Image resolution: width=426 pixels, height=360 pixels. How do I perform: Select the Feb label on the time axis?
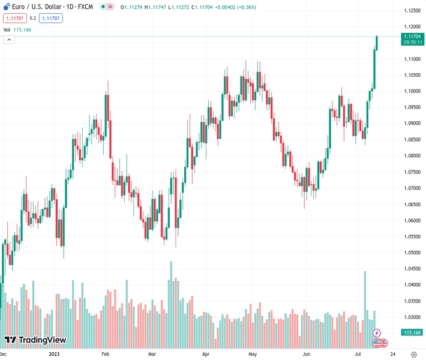(105, 354)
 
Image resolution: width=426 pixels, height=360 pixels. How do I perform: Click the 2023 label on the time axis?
(53, 354)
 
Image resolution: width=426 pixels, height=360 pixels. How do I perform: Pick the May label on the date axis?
(252, 354)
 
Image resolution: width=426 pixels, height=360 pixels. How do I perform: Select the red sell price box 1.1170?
(15, 18)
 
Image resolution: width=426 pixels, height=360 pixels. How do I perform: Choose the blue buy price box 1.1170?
(50, 18)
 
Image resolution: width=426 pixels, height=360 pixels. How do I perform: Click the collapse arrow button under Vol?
(9, 40)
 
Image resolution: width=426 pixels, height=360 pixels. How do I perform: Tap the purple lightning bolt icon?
(377, 333)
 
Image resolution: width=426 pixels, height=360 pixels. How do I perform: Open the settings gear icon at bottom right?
(413, 354)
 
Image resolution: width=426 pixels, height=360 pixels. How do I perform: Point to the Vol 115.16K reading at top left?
(17, 29)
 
